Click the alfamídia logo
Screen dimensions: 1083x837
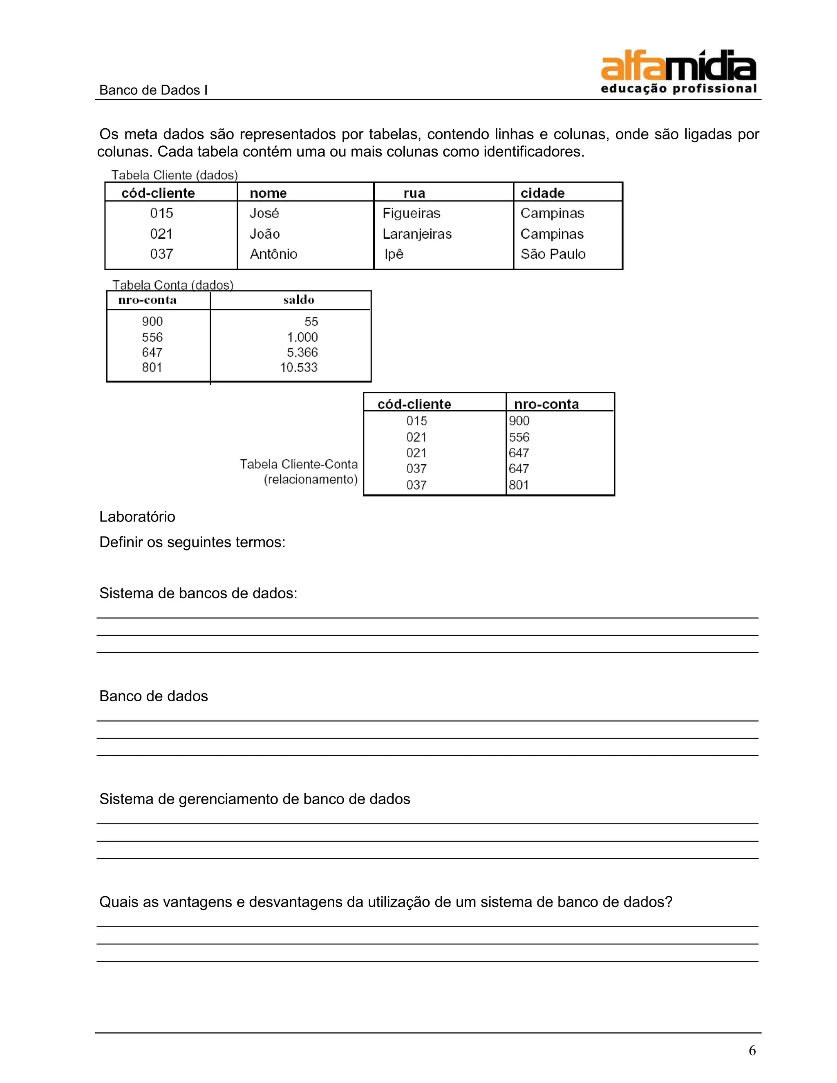(x=678, y=72)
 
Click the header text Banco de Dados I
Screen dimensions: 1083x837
(x=153, y=90)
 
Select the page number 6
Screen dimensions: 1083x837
(x=752, y=1050)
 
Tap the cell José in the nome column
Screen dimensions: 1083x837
(x=264, y=213)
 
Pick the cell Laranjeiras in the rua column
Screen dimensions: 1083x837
(x=417, y=234)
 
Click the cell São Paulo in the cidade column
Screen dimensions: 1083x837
(x=553, y=254)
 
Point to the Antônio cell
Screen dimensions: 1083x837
(x=273, y=254)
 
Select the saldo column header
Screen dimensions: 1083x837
(x=298, y=300)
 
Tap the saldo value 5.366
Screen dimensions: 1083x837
(x=302, y=353)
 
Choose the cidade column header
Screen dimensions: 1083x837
(x=542, y=193)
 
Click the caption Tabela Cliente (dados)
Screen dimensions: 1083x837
(x=175, y=175)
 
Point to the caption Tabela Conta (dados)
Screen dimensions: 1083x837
(x=172, y=285)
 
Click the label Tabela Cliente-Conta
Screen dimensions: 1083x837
(x=298, y=464)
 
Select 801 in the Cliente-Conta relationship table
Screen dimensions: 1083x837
(x=519, y=485)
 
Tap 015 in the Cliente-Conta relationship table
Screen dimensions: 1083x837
(x=416, y=421)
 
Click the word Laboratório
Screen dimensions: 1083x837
(x=137, y=517)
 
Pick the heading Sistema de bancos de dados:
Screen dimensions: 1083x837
(x=198, y=593)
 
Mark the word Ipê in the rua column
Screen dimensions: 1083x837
(x=394, y=254)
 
